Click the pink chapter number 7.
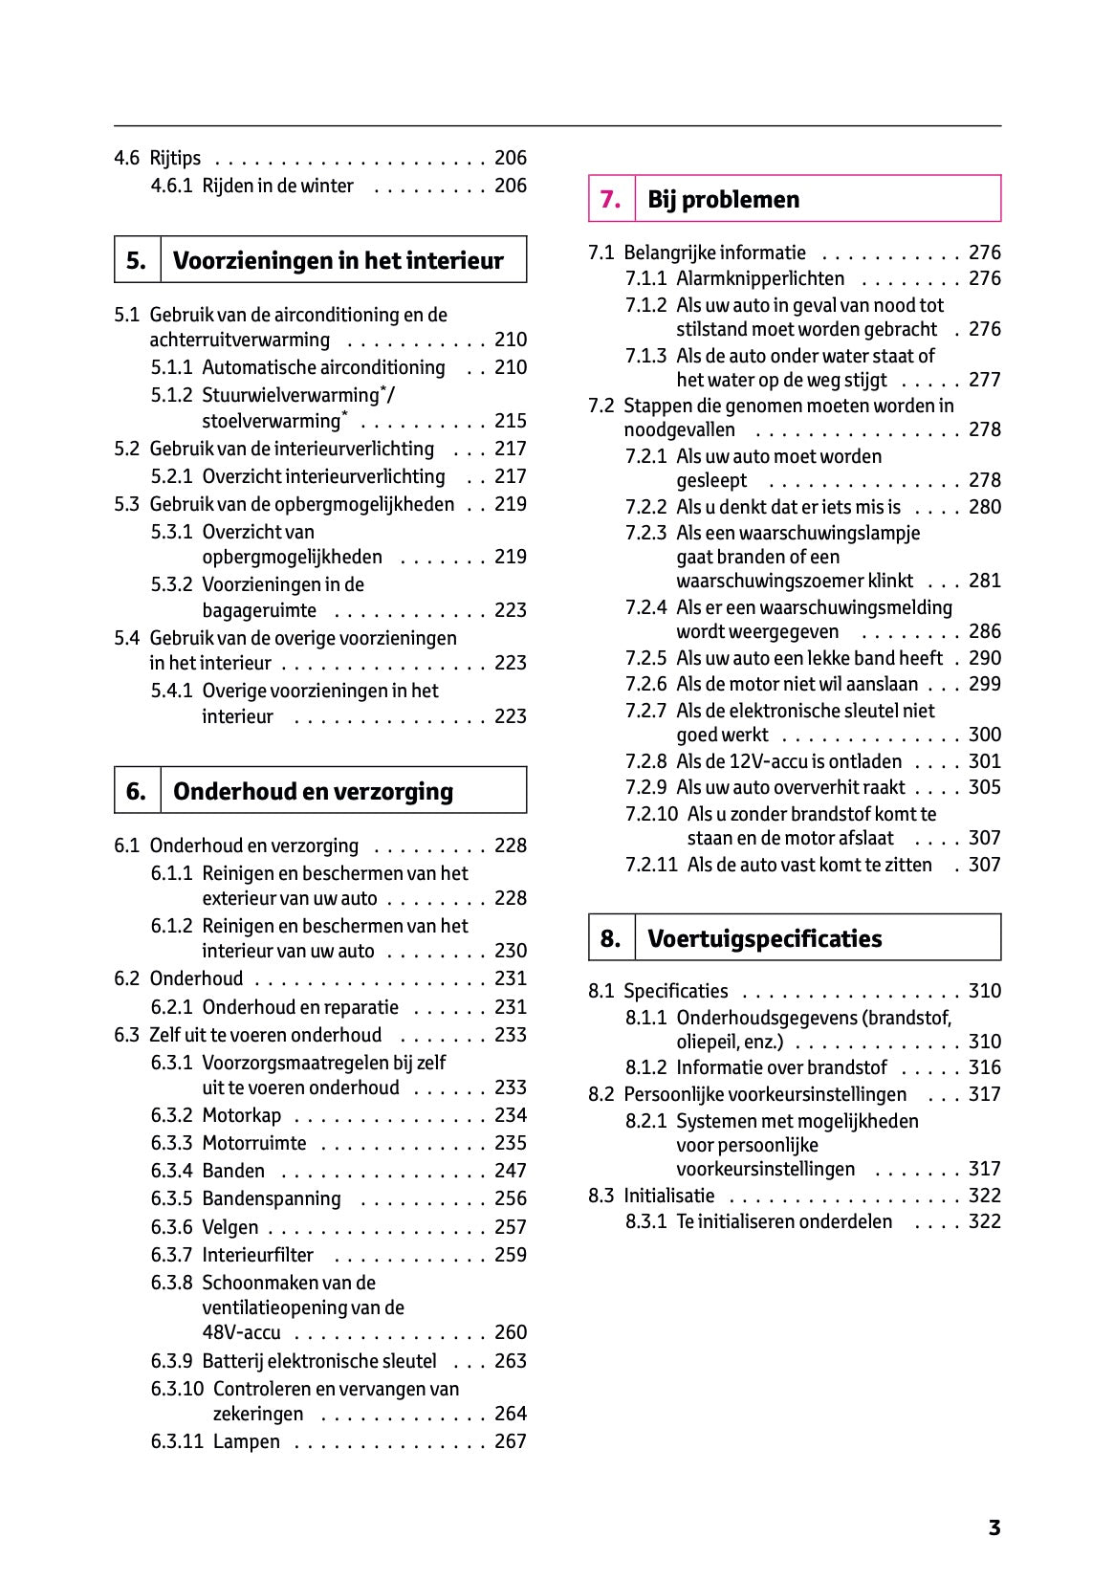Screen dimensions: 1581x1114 coord(610,199)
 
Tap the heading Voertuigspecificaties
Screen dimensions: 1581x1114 coord(764,938)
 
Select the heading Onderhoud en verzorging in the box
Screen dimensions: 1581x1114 coord(313,791)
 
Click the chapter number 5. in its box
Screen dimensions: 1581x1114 coord(137,260)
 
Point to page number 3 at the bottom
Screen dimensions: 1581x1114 coord(994,1527)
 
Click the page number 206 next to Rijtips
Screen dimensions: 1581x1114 coord(510,158)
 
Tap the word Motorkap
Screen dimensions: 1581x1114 coord(241,1115)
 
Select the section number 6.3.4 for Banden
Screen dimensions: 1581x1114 coord(171,1171)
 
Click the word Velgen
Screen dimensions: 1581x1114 coord(229,1227)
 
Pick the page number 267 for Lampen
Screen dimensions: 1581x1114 coord(510,1441)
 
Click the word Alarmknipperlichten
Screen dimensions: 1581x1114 coord(759,278)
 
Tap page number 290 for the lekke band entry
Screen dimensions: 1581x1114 coord(984,658)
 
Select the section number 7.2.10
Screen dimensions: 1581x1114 coord(651,814)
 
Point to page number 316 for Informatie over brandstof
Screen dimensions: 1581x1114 coord(984,1067)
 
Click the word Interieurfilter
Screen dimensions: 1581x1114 coord(257,1255)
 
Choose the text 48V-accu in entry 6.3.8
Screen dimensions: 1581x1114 coord(241,1332)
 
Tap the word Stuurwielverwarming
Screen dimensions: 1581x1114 coord(291,395)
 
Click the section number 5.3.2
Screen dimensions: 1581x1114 coord(171,584)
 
